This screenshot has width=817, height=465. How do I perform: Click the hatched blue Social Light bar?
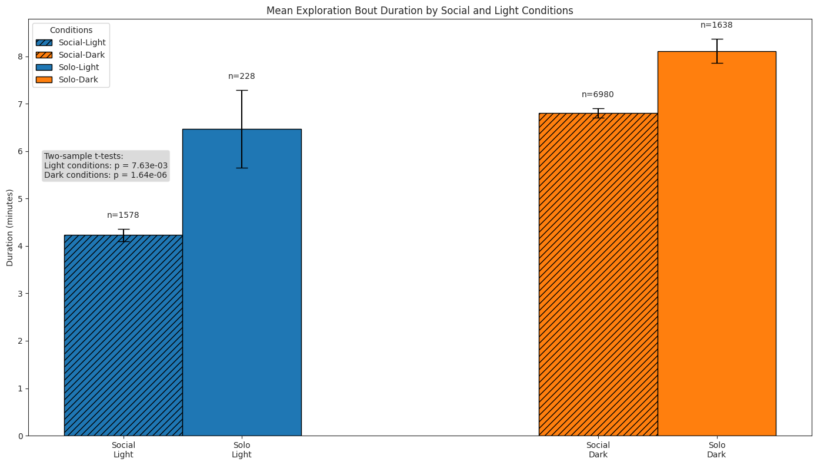click(123, 336)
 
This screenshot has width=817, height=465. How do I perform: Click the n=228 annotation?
click(242, 77)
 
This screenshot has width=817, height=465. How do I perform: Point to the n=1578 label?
click(123, 215)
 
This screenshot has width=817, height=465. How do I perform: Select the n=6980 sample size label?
click(598, 95)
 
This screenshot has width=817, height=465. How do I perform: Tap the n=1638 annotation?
click(716, 25)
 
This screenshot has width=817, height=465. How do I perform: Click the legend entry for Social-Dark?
click(82, 55)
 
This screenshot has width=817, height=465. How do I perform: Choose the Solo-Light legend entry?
click(79, 67)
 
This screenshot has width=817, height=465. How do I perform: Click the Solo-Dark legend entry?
click(78, 79)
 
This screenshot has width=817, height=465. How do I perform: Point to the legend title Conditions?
click(71, 30)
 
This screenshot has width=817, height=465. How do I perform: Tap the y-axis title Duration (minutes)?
click(10, 228)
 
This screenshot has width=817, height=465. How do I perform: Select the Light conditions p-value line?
click(106, 166)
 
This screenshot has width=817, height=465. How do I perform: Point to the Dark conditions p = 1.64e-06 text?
click(106, 175)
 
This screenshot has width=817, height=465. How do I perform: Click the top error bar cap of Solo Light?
click(242, 90)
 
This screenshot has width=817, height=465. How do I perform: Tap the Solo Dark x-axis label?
click(716, 450)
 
